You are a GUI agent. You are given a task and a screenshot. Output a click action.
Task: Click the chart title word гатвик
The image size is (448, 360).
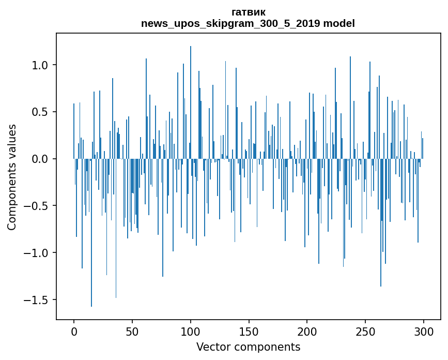[249, 12]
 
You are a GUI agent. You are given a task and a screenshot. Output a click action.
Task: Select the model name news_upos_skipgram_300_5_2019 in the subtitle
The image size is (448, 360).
[229, 24]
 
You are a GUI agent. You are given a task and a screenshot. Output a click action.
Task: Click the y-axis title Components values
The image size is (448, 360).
[12, 177]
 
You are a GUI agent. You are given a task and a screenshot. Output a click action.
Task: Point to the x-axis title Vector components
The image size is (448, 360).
[248, 347]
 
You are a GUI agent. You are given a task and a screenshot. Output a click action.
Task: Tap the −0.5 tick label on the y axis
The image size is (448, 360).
[38, 206]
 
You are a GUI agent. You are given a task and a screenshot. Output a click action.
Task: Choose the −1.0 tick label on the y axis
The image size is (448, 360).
[38, 253]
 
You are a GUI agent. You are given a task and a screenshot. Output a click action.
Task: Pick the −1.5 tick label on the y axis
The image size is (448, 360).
[38, 300]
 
